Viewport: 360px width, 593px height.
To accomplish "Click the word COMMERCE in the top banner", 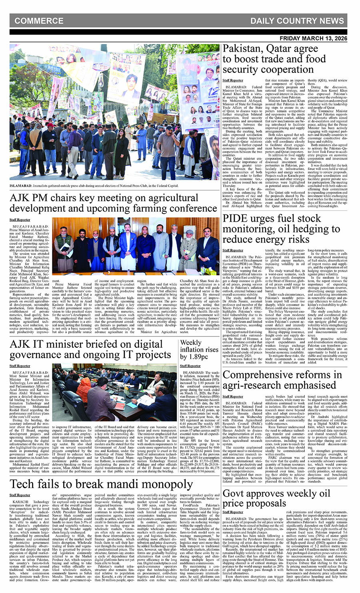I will pos(39,21).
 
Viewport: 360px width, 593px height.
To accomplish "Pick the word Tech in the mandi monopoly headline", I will pos(23,484).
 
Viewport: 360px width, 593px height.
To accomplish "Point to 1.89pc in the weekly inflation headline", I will pos(199,357).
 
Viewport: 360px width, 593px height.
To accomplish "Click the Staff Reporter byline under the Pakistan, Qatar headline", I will pos(233,80).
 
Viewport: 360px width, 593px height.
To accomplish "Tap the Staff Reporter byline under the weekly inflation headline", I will pos(190,366).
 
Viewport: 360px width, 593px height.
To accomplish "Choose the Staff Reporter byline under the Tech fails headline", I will pos(20,495).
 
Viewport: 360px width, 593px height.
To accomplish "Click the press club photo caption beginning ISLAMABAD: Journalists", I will pos(94,186).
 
